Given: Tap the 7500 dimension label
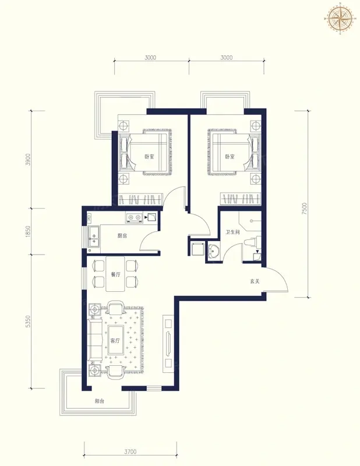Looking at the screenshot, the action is (304, 209).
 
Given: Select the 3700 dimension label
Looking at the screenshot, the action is (130, 451).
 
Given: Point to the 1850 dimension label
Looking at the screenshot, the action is (28, 231).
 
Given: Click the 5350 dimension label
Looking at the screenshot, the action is (28, 322).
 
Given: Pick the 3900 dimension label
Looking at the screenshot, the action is (28, 160).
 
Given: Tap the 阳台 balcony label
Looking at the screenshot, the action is (100, 401).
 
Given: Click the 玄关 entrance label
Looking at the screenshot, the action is (255, 281).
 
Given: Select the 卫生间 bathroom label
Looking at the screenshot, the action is (232, 232).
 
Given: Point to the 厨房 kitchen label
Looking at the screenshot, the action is (122, 236).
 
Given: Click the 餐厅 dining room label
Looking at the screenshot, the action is (116, 274).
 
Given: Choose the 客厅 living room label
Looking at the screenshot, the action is (115, 341).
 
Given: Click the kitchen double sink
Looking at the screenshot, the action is (94, 237).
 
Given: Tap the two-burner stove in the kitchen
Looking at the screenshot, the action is (134, 218).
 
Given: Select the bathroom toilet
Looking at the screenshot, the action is (252, 241).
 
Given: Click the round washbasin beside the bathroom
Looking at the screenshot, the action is (213, 252).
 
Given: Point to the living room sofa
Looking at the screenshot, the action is (95, 340).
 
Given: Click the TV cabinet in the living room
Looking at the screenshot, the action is (168, 343).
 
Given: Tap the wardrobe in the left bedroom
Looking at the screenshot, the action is (140, 199).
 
